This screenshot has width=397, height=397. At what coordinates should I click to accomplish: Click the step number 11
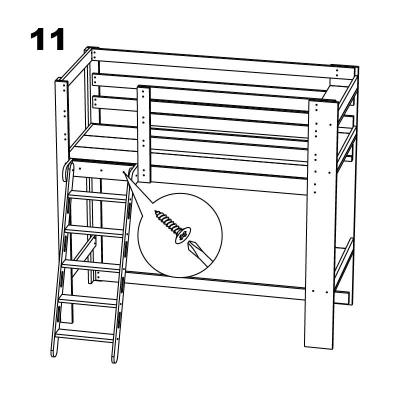coord(47,40)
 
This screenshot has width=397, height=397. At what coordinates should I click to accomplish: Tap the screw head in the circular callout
coord(182,235)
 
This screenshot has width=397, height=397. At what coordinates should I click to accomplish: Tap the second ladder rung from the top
coord(94,231)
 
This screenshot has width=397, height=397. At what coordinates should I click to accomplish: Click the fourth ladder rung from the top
coord(87,300)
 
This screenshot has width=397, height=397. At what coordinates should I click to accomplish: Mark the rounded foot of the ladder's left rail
coord(53,353)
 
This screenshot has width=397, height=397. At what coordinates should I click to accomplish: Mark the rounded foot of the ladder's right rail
coord(114,359)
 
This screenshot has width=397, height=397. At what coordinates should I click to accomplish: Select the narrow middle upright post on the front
coord(144,134)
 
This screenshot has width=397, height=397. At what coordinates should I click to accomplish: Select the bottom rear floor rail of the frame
coord(215,285)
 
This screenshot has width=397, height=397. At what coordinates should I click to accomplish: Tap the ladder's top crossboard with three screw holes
coord(101,170)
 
